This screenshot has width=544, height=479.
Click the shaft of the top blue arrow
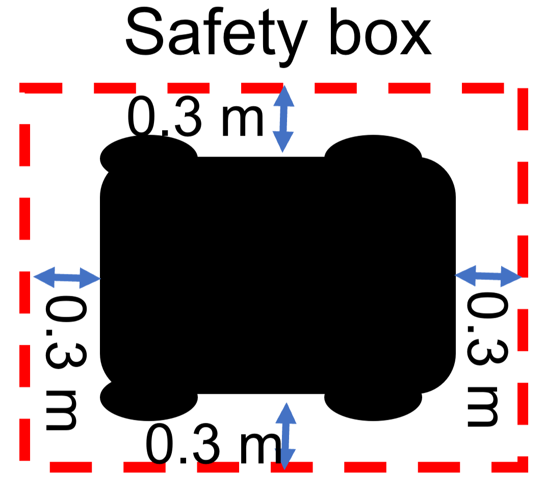283,118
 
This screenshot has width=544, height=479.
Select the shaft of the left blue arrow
67,278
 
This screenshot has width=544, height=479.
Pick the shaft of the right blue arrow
488,276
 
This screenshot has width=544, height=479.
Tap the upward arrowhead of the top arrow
284,97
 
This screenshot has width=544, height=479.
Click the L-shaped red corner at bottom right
520,466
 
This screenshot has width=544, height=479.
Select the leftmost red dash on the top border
41,88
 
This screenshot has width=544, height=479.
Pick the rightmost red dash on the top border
483,88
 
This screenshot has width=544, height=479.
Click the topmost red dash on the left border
24,145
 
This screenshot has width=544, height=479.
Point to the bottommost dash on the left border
24,439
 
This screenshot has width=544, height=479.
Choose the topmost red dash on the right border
523,109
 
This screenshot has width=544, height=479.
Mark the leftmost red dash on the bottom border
70,467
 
